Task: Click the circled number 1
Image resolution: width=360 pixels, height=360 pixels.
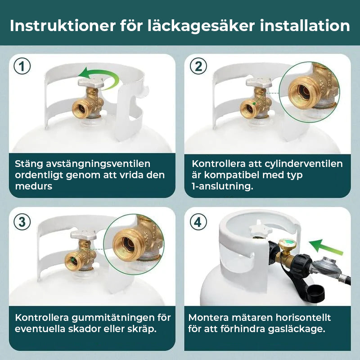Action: click(22, 66)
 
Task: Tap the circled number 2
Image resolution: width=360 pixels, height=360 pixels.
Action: click(198, 66)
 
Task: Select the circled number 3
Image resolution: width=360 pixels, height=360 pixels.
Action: click(22, 222)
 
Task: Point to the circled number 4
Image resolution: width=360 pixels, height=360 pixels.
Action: click(198, 222)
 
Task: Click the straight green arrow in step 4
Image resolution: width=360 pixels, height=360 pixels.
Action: click(325, 247)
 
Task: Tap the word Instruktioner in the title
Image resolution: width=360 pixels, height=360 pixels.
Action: click(63, 26)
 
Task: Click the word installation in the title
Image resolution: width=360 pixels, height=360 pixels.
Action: click(305, 26)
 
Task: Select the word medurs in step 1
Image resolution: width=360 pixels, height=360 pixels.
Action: click(33, 186)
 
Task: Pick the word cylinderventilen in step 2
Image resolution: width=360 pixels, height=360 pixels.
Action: click(303, 164)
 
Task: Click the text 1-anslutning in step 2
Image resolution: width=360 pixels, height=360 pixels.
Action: click(222, 186)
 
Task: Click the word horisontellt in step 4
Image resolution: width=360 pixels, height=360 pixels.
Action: click(303, 318)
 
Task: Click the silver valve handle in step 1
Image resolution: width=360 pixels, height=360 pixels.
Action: click(91, 82)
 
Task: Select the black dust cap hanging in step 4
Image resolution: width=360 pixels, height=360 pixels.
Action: click(315, 292)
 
